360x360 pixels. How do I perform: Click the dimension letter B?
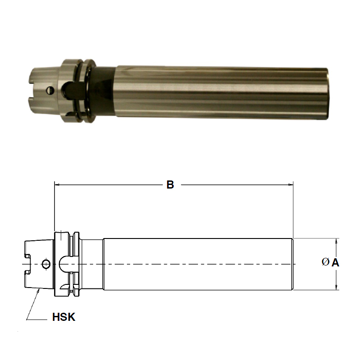point(170,184)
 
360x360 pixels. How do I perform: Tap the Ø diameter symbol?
point(325,262)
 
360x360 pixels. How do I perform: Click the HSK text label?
point(61,318)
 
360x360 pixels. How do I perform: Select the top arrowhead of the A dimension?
point(336,241)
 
